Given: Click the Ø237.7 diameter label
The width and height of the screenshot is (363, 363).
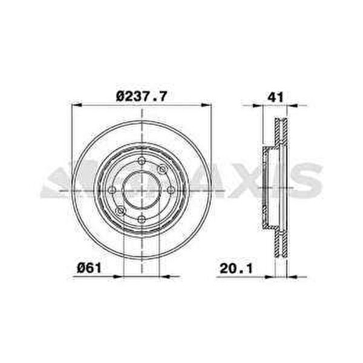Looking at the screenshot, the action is point(142,96).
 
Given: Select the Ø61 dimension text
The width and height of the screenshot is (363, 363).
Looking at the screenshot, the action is point(89,268).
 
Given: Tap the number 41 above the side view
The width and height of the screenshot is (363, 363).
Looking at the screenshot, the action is point(275,97).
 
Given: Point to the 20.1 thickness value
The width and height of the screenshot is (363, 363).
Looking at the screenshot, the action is point(236,269).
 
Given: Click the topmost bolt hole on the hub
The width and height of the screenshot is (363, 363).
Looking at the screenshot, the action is point(142,161).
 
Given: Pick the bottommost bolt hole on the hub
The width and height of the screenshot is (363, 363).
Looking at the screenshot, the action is point(142,219).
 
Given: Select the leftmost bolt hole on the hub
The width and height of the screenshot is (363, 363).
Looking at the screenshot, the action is point(112,190).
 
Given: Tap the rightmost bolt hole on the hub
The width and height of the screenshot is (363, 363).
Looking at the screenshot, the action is point(171,190).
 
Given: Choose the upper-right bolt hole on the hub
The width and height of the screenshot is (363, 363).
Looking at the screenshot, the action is point(162,169).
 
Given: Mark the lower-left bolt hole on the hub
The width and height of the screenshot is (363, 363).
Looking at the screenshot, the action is point(120,211).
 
